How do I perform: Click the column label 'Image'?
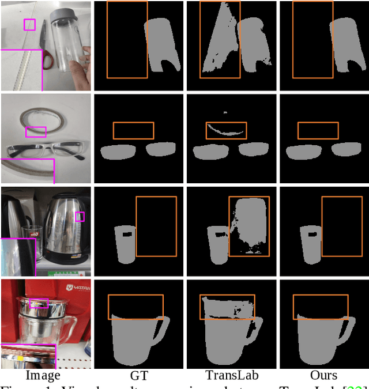coord(43,376)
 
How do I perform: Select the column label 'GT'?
coord(139,376)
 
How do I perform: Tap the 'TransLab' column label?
coord(232,376)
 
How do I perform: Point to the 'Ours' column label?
coord(324,376)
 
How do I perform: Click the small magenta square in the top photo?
coord(29,25)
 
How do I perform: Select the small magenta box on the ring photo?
coord(36,132)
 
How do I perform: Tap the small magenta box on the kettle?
coord(80,217)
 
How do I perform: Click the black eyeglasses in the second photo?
coord(43,151)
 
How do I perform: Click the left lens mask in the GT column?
coord(118,152)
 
